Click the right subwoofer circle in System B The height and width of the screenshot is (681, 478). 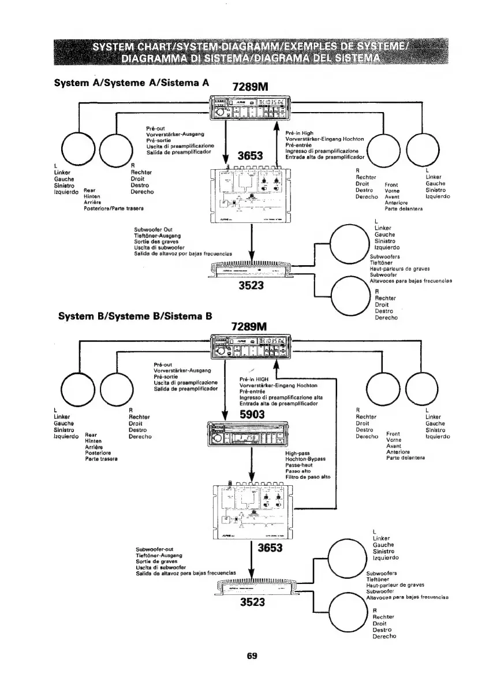click(x=349, y=613)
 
